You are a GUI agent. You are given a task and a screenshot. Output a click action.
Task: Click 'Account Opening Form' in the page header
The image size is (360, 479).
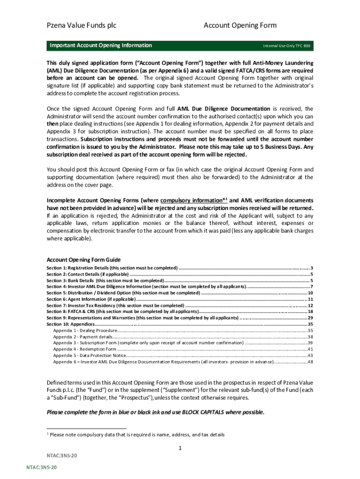pyautogui.click(x=240, y=25)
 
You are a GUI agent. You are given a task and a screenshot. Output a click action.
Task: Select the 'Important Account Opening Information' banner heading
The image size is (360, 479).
pyautogui.click(x=101, y=45)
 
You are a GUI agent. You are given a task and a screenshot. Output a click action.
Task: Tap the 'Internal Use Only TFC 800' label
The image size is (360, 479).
pyautogui.click(x=286, y=46)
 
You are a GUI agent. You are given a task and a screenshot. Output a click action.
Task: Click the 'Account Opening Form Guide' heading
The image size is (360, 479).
pyautogui.click(x=84, y=260)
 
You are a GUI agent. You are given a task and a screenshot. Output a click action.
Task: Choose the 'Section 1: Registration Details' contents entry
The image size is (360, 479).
pyautogui.click(x=112, y=268)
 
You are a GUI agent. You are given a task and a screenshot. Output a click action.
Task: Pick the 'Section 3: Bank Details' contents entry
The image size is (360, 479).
pyautogui.click(x=105, y=280)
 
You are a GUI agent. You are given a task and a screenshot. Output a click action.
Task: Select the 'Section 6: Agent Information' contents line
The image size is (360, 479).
pyautogui.click(x=91, y=299)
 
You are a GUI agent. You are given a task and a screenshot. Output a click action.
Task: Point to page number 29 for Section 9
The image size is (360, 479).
pyautogui.click(x=310, y=318)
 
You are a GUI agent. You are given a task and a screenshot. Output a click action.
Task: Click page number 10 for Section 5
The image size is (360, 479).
pyautogui.click(x=310, y=292)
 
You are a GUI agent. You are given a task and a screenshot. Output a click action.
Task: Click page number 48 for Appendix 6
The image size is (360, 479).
pyautogui.click(x=310, y=362)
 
